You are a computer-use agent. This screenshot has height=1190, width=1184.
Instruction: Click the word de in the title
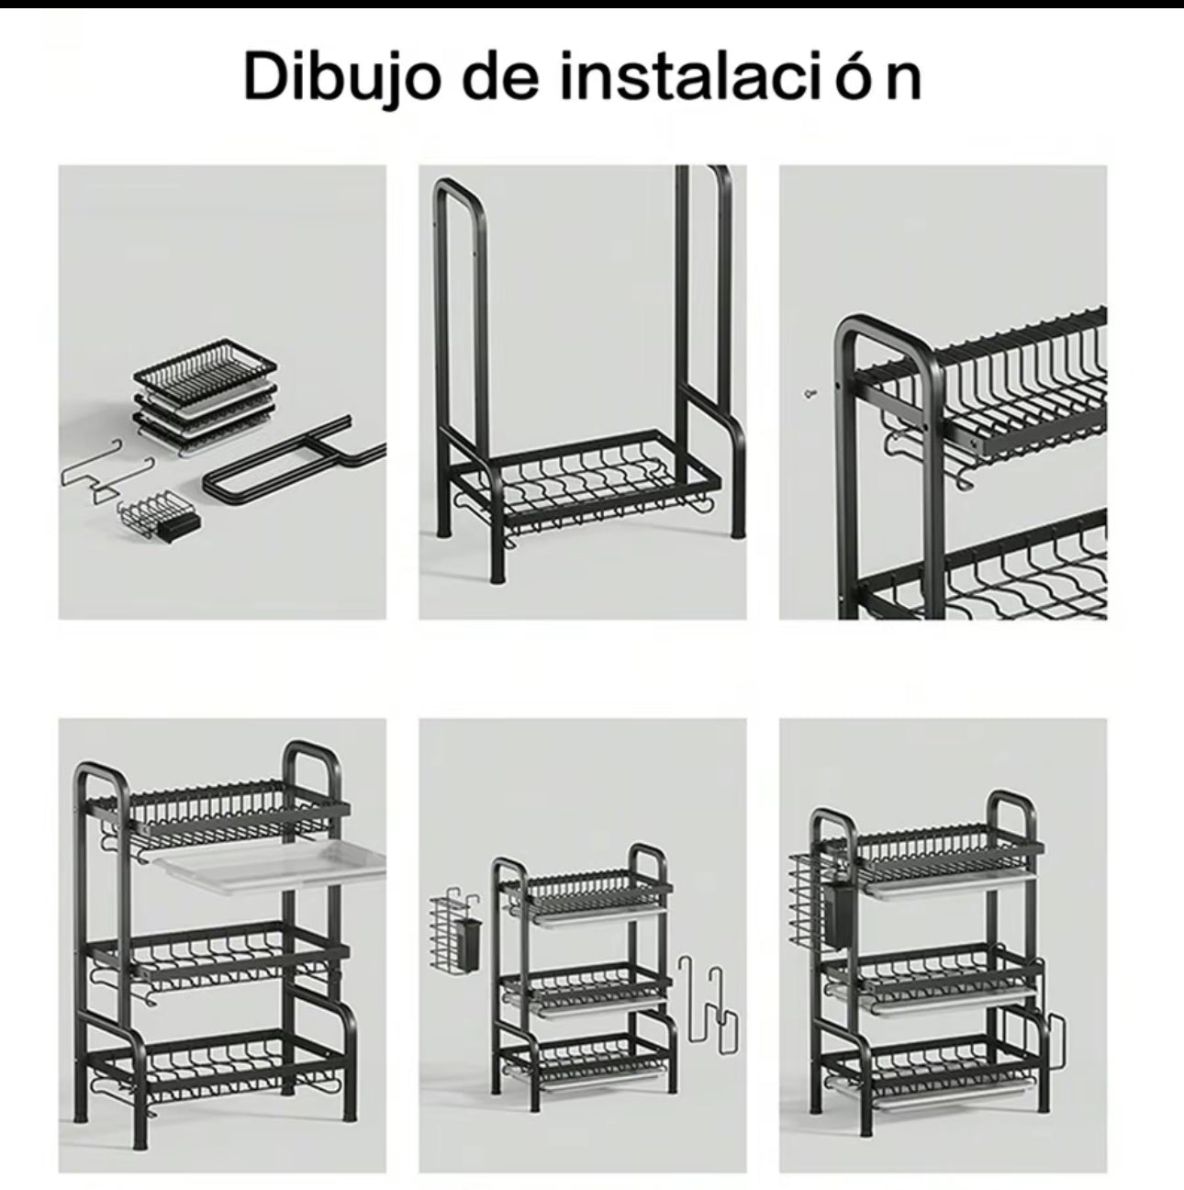(x=500, y=76)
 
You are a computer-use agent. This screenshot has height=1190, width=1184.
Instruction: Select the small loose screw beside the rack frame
(x=810, y=393)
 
